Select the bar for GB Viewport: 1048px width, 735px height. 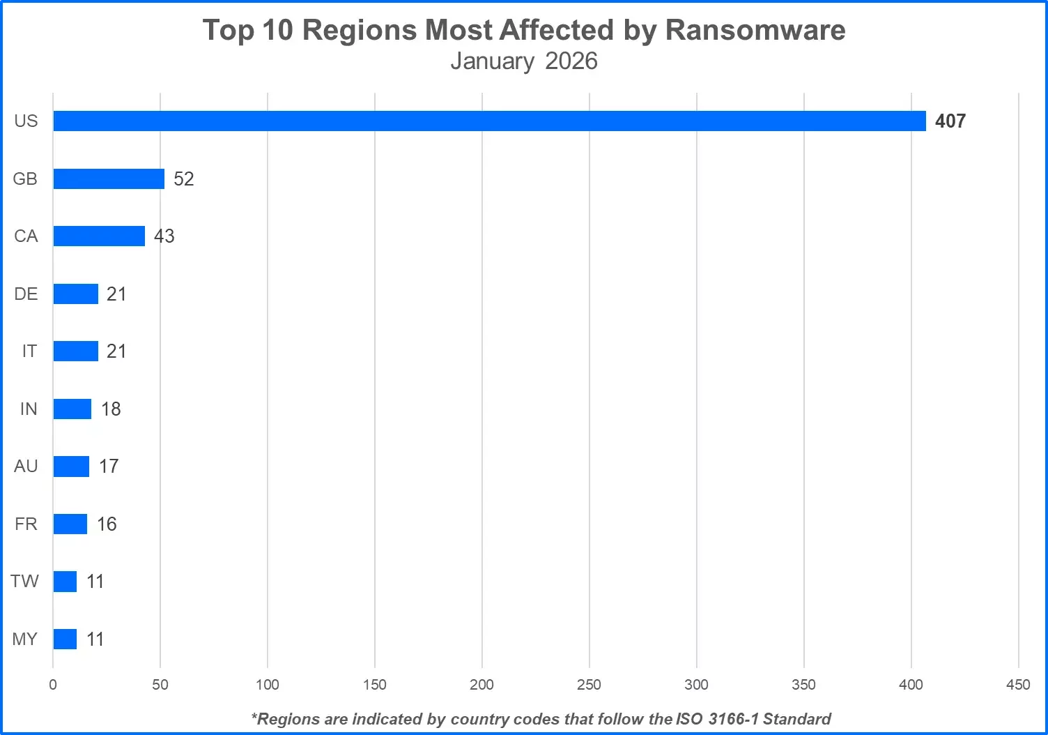coord(109,179)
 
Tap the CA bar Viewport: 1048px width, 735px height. coord(99,236)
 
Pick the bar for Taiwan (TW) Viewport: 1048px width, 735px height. coord(65,582)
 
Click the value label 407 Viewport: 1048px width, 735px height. coord(950,121)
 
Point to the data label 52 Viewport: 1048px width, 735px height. coord(184,179)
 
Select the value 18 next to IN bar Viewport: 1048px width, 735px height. coord(111,409)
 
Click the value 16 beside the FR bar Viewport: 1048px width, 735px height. coord(107,524)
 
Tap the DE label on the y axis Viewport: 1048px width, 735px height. coord(26,294)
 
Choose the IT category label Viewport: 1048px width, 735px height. coord(29,351)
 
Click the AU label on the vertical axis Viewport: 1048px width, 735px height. coord(26,466)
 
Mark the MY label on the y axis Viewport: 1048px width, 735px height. coord(25,639)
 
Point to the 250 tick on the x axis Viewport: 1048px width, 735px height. coord(589,685)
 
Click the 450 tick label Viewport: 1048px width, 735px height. coord(1018,685)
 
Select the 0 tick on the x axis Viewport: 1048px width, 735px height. coord(53,685)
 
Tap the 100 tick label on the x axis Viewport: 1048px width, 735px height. coord(268,685)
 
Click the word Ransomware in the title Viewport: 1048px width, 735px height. coord(755,30)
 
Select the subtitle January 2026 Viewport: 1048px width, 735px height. coord(524,61)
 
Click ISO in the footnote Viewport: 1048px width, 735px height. coord(689,719)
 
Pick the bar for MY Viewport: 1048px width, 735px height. coord(65,639)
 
